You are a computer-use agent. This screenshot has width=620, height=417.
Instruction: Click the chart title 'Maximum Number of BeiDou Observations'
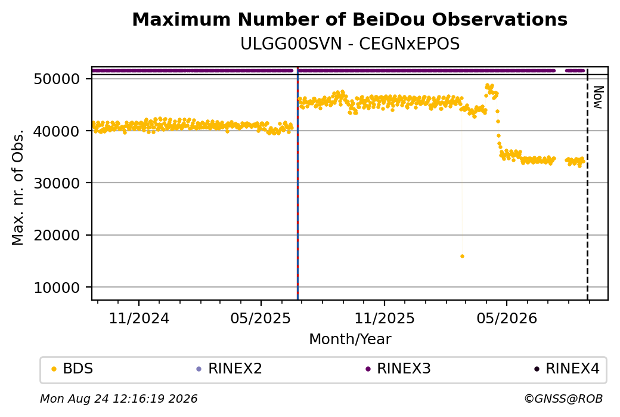(x=349, y=19)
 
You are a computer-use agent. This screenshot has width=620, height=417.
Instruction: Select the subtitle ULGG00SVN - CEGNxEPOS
(x=350, y=44)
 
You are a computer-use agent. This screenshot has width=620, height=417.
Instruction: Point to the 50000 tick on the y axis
(x=57, y=79)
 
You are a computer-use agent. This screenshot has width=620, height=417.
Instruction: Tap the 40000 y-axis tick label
(x=57, y=131)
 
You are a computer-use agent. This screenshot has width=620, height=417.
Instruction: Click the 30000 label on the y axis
(x=57, y=183)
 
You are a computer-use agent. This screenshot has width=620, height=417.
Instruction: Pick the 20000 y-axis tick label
(x=57, y=236)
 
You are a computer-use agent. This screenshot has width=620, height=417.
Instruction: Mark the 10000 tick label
(x=57, y=288)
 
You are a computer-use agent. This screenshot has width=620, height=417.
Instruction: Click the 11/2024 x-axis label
(x=139, y=318)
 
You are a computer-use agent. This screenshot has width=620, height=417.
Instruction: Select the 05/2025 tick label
(x=261, y=318)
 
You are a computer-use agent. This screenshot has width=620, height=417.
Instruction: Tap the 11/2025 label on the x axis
(x=385, y=318)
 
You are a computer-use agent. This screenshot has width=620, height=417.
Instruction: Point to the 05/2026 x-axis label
(x=507, y=318)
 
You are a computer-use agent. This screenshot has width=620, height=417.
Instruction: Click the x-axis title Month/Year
(x=350, y=339)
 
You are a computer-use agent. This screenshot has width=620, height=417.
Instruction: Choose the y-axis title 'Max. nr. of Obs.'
(x=18, y=187)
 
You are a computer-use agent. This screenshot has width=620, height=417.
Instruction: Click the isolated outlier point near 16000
(x=462, y=257)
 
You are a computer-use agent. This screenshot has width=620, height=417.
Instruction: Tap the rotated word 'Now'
(x=599, y=97)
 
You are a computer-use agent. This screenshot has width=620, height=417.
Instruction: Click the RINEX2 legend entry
(x=230, y=369)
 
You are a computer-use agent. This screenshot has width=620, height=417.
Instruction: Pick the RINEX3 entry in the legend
(x=398, y=369)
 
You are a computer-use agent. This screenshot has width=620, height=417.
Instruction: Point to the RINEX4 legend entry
(x=567, y=369)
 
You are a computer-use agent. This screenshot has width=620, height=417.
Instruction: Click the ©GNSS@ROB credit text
(x=563, y=399)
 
